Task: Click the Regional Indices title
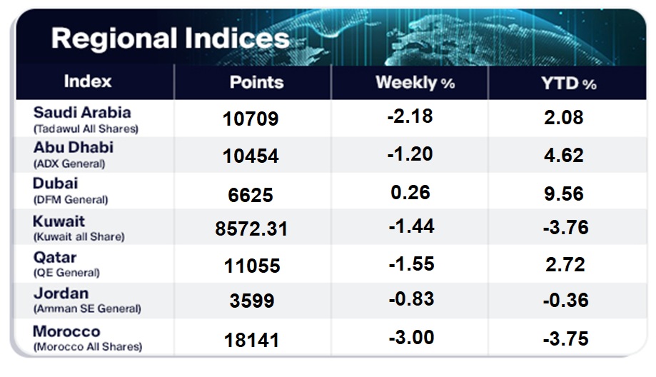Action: coord(170,38)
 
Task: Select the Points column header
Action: coord(256,83)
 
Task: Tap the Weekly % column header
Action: coord(415,83)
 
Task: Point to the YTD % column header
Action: coord(569,84)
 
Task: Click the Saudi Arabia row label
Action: coord(81,113)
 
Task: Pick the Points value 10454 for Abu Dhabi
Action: coord(251,156)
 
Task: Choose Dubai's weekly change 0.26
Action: coord(411,192)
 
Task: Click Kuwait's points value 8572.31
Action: coord(251,228)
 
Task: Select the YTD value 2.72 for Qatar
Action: coord(564,264)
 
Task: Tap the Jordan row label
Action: coord(61,293)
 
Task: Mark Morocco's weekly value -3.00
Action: coord(411,336)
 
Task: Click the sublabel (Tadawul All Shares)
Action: coord(85,129)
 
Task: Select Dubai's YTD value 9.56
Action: coord(564,192)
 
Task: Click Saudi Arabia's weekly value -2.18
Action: coord(411,116)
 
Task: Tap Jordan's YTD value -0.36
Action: coord(564,301)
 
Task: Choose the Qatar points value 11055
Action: coord(251,265)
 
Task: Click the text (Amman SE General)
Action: coord(87,309)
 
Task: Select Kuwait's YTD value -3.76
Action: coord(564,228)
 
